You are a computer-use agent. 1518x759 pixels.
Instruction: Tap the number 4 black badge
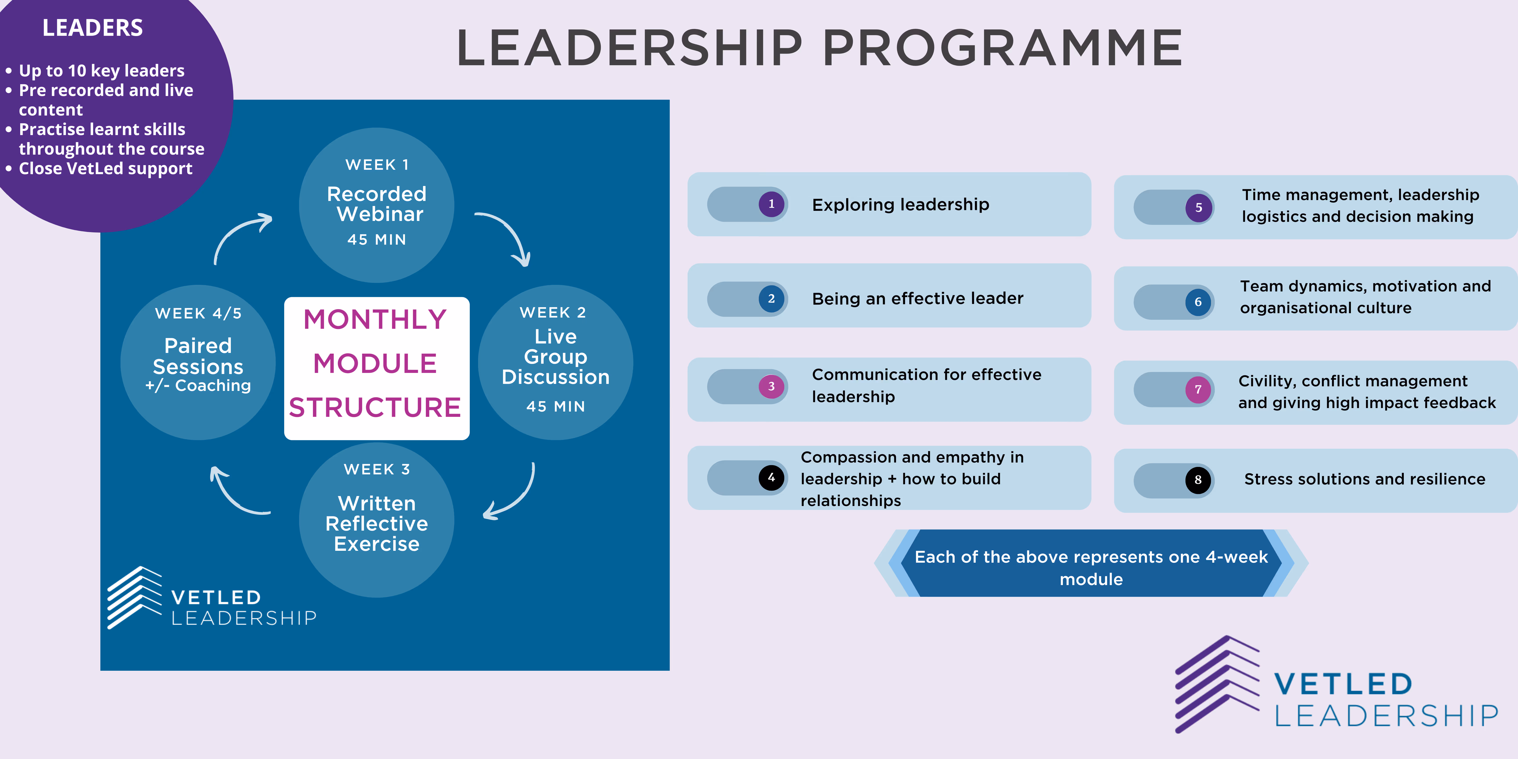point(771,477)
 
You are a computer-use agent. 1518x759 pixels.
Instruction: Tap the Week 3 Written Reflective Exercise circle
point(377,520)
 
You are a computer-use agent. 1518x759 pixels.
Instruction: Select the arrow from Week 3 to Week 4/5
point(236,492)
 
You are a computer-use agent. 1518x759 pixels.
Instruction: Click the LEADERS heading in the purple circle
point(92,28)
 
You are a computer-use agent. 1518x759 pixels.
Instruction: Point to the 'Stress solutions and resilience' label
point(1364,479)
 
